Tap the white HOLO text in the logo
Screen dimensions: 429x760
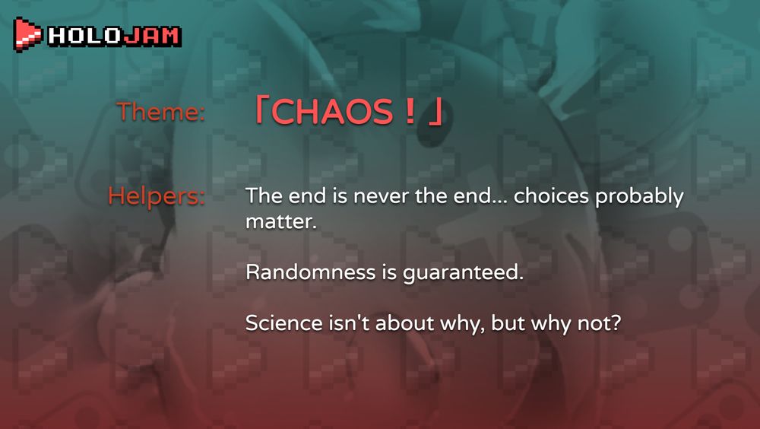pyautogui.click(x=84, y=36)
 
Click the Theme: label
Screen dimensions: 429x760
pyautogui.click(x=161, y=113)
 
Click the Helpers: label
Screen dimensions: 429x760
pyautogui.click(x=157, y=196)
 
